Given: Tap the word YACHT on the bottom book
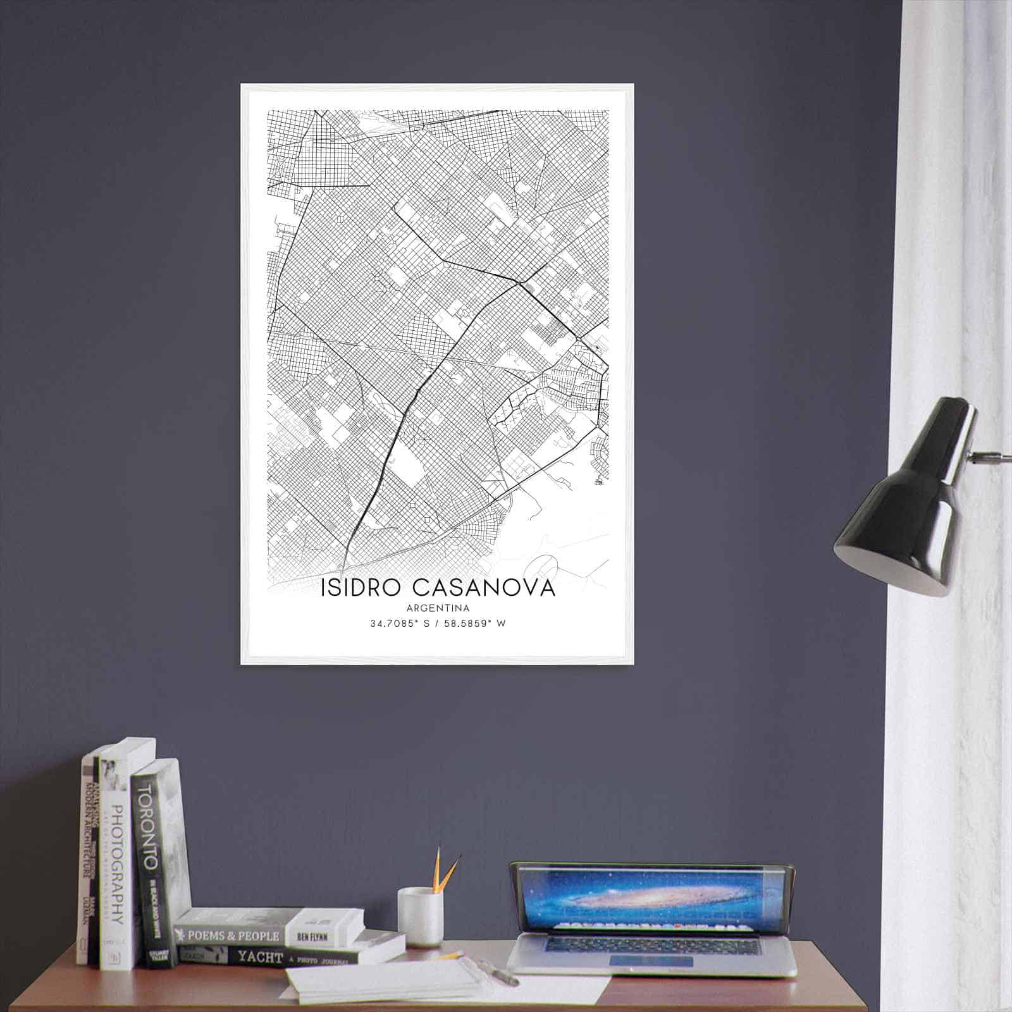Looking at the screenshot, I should pos(259,958).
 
